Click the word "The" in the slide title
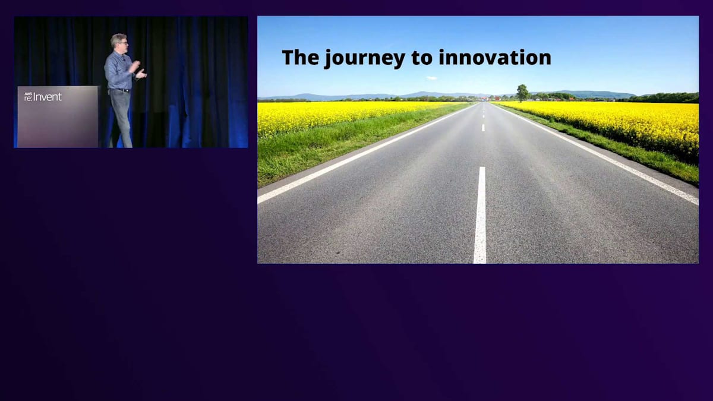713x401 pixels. [x=301, y=57]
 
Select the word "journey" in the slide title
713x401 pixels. [x=365, y=59]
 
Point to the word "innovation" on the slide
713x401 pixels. [x=494, y=57]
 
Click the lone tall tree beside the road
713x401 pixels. [x=522, y=93]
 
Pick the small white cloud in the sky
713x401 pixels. [x=431, y=78]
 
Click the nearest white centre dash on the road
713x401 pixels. [x=480, y=215]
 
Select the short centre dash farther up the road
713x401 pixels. [x=483, y=128]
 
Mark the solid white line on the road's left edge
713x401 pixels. [x=366, y=153]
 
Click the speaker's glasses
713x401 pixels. [x=124, y=42]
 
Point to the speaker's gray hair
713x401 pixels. [x=117, y=39]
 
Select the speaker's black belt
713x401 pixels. [x=120, y=90]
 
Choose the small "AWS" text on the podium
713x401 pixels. [x=28, y=94]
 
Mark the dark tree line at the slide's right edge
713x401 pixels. [x=665, y=97]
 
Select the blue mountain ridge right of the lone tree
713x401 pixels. [x=589, y=94]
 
